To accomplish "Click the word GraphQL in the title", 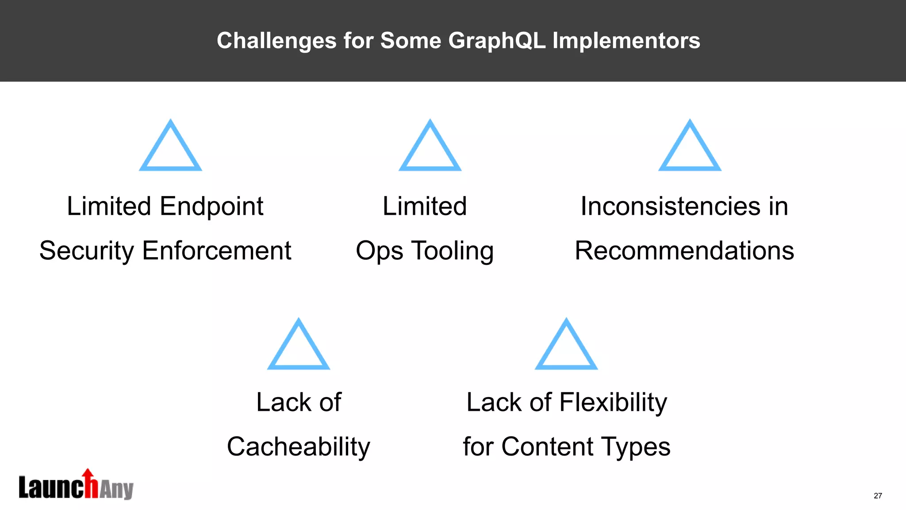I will point(496,41).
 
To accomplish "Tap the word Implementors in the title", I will point(626,41).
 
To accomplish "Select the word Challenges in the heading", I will point(276,41).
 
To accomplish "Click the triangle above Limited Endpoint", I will point(170,147).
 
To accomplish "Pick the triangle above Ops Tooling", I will point(430,147).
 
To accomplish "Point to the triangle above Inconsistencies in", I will point(690,147).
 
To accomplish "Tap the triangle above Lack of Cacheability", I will point(299,346).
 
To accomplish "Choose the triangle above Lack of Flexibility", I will point(566,346).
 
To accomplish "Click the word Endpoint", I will point(211,207).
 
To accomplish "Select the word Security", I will point(87,251).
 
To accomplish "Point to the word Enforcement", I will point(216,251).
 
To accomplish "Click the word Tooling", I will point(453,251).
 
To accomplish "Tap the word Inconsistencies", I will point(671,206).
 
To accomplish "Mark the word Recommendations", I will point(684,251).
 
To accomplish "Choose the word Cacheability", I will point(299,447).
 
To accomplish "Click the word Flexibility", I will point(613,403).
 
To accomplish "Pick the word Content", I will point(547,446).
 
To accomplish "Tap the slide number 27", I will point(878,496).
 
